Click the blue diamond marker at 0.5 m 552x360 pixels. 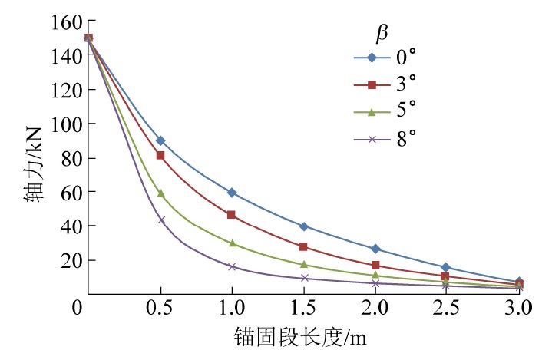160,140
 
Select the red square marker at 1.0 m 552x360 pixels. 232,214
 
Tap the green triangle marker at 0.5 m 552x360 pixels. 160,193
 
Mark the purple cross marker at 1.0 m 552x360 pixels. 232,266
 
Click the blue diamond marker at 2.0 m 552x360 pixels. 375,249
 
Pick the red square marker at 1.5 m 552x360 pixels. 303,246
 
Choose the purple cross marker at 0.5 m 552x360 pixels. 160,220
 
